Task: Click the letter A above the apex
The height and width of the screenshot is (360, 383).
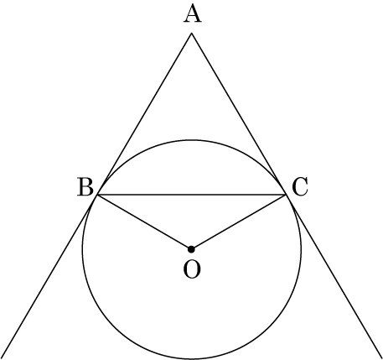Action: [192, 14]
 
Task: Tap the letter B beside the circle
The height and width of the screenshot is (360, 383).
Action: [85, 187]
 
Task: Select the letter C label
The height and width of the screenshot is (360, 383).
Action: [300, 187]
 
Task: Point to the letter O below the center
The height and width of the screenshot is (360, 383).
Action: [192, 269]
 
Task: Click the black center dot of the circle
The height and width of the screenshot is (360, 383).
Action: [191, 249]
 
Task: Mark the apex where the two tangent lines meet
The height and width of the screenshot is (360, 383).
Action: [191, 34]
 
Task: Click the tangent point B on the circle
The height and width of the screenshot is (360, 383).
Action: [97, 194]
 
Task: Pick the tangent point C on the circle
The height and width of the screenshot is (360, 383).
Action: [286, 194]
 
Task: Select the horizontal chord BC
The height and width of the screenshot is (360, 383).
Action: [191, 194]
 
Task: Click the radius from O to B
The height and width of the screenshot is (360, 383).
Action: [144, 222]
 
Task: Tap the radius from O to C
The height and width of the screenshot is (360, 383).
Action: [239, 222]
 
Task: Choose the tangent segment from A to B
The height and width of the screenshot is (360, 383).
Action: [144, 113]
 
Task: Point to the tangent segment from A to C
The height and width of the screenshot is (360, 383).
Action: [239, 113]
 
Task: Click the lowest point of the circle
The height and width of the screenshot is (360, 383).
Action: [191, 358]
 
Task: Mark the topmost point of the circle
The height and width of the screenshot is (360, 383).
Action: [191, 140]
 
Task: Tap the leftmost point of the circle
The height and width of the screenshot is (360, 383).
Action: [82, 249]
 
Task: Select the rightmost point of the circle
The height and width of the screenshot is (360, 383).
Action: [301, 249]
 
